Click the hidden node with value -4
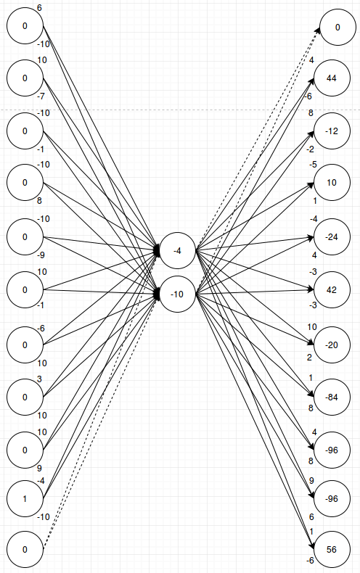[178, 251]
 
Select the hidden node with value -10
[178, 293]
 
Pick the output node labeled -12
[332, 131]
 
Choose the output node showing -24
[332, 237]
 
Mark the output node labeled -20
[332, 343]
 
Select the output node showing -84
[332, 397]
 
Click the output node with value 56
[332, 549]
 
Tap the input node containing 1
[25, 499]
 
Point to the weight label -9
[41, 255]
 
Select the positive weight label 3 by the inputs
[40, 379]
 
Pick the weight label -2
[311, 149]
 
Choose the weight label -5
[313, 165]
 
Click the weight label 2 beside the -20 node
[309, 358]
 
